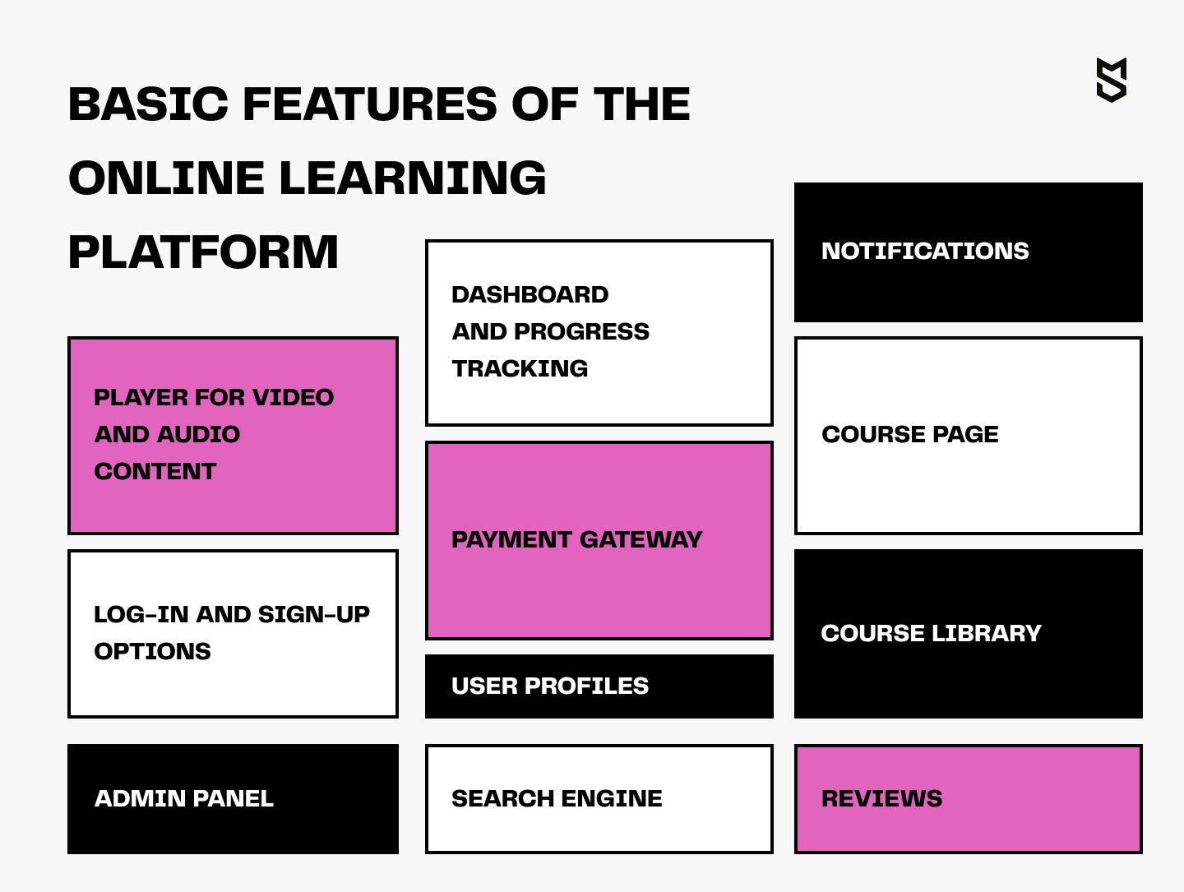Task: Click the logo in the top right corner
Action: point(1111,81)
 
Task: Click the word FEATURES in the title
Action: point(369,104)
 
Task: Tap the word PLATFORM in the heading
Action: point(203,252)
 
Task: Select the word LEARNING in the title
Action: point(413,178)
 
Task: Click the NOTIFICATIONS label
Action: point(925,252)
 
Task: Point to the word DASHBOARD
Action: point(530,295)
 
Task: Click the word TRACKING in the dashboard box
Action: point(520,369)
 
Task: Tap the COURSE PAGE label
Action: point(909,435)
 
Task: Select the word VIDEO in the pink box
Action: point(293,397)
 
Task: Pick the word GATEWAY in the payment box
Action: point(641,540)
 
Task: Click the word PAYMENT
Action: point(511,540)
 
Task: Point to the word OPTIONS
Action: point(152,651)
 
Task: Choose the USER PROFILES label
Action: point(550,686)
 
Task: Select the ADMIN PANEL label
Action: point(183,799)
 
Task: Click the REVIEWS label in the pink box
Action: point(881,799)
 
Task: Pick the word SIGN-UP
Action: point(314,615)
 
